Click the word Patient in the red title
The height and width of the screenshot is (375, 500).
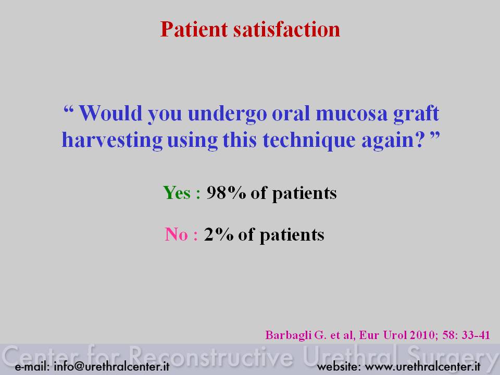pos(194,29)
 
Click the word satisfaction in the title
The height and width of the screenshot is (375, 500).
pos(286,29)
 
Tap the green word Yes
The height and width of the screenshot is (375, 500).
pos(177,193)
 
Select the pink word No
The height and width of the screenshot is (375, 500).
pos(177,234)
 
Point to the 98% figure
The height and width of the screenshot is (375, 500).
pos(226,193)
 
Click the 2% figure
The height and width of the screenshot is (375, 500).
pos(218,234)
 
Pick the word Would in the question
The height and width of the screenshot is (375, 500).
pos(110,113)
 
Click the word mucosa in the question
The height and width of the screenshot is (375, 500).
pos(351,114)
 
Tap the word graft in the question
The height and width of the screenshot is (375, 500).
pos(416,114)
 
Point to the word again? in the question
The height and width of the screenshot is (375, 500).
pos(393,141)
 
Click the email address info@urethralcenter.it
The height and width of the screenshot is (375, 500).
pos(111,366)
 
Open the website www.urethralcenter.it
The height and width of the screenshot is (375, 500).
pos(422,367)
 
